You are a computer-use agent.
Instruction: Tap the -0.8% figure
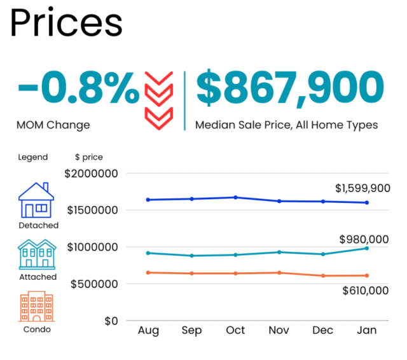tap(78, 90)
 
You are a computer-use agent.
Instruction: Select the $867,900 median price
tap(290, 90)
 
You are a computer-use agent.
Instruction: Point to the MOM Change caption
tap(53, 125)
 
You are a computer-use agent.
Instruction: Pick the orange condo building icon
tap(37, 307)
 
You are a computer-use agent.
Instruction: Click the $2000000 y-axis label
tap(92, 173)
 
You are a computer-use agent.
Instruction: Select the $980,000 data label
tap(364, 239)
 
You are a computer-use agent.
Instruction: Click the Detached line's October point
tap(235, 197)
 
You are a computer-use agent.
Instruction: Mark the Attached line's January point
tap(366, 248)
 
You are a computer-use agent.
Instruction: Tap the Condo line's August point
tap(148, 272)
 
